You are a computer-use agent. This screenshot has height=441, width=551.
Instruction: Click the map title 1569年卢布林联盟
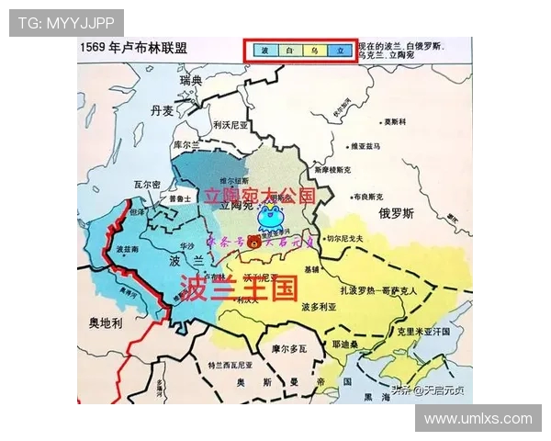(133, 49)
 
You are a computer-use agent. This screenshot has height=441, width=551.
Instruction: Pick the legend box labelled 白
(289, 51)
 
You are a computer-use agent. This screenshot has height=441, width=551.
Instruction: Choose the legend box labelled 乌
(315, 51)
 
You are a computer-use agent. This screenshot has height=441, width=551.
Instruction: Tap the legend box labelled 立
(340, 51)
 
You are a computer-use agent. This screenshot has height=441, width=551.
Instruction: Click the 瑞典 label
(190, 81)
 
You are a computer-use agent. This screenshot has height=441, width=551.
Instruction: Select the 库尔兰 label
(186, 145)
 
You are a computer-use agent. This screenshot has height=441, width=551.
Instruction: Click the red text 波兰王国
(239, 288)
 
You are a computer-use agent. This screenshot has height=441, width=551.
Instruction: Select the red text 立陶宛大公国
(259, 196)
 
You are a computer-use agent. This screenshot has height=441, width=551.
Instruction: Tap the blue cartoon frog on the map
(271, 218)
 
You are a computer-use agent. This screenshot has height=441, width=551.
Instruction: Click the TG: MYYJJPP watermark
(66, 23)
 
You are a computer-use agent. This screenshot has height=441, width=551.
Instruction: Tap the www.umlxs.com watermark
(478, 418)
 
